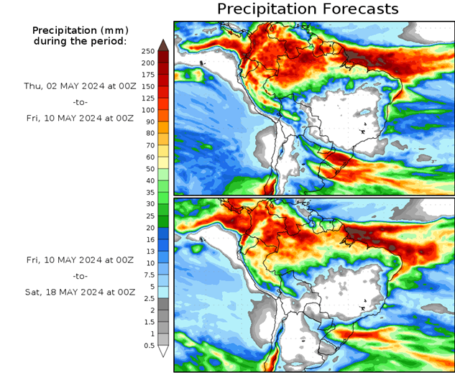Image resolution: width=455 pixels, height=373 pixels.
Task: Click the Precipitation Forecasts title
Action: tap(307, 9)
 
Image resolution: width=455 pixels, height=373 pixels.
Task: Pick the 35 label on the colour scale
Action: tap(149, 192)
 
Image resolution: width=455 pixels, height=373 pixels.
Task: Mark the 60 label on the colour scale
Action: tap(149, 157)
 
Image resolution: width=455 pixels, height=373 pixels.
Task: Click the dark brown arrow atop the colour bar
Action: tap(163, 45)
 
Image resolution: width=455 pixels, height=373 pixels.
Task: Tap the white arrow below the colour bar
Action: tap(163, 351)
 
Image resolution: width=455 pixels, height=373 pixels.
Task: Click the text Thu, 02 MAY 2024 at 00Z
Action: tap(79, 86)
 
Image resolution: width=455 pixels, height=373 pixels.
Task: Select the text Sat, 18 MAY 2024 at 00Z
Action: tap(79, 293)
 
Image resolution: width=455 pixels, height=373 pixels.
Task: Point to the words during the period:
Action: tap(79, 41)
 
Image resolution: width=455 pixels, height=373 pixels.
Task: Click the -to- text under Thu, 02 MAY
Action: tap(79, 103)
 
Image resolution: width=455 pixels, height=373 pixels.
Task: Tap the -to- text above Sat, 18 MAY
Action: tap(79, 275)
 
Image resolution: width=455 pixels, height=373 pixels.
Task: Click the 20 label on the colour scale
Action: tap(149, 228)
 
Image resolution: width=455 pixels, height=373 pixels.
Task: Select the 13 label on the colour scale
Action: tap(149, 251)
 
